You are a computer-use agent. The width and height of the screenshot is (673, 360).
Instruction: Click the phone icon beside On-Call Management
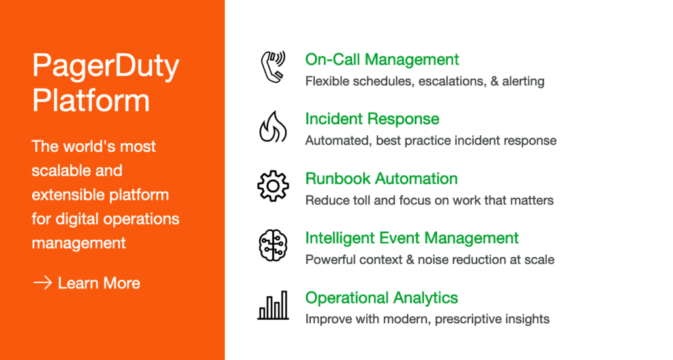tap(273, 67)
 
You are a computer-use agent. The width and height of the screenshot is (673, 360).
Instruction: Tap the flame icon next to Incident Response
tap(273, 127)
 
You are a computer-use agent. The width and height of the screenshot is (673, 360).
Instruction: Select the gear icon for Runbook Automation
tap(273, 186)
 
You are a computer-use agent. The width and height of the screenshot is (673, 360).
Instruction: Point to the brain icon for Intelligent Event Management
tap(273, 246)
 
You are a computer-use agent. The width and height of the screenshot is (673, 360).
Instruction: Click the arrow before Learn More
tap(43, 282)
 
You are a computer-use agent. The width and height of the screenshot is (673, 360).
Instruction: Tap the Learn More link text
tap(99, 283)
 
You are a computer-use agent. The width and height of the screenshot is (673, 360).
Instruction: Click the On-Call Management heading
tap(382, 59)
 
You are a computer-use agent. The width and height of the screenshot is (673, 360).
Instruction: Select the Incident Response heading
tap(372, 119)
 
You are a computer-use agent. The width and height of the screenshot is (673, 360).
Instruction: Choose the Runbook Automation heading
tap(382, 179)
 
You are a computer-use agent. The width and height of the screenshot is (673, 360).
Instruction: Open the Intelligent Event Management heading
tap(412, 238)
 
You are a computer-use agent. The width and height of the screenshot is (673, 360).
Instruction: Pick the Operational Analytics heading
tap(382, 298)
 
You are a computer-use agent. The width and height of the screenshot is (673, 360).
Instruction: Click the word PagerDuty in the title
tap(106, 66)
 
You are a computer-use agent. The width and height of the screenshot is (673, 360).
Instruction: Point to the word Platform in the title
tap(91, 100)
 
